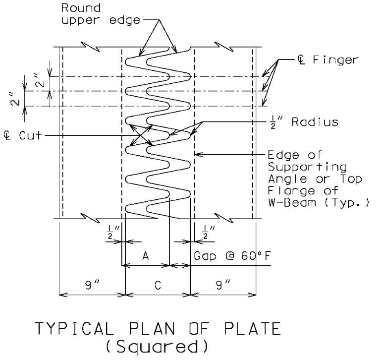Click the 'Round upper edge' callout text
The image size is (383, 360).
pyautogui.click(x=101, y=14)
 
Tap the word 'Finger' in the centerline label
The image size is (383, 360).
pyautogui.click(x=336, y=60)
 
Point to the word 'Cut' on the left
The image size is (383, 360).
pyautogui.click(x=31, y=135)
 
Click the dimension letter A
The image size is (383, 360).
pyautogui.click(x=146, y=256)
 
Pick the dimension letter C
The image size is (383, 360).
pyautogui.click(x=158, y=285)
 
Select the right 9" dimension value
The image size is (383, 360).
pyautogui.click(x=223, y=285)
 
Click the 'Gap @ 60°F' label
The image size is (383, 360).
pyautogui.click(x=232, y=256)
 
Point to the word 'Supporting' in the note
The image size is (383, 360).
pyautogui.click(x=307, y=168)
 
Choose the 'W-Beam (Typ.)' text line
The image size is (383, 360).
pyautogui.click(x=319, y=203)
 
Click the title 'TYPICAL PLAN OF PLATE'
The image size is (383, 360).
pyautogui.click(x=158, y=328)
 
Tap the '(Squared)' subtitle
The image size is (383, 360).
pyautogui.click(x=157, y=347)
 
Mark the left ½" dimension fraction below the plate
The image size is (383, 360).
pyautogui.click(x=113, y=233)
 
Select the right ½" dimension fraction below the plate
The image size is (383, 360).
pyautogui.click(x=208, y=233)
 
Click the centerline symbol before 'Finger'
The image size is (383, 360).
pyautogui.click(x=301, y=60)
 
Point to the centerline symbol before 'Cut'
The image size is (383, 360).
pyautogui.click(x=7, y=135)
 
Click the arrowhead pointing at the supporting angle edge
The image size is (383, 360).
pyautogui.click(x=199, y=154)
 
